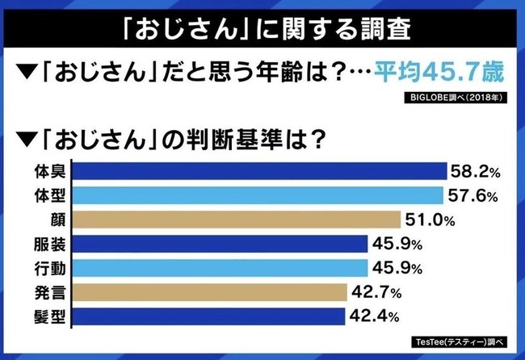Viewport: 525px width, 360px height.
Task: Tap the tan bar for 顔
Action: (x=237, y=220)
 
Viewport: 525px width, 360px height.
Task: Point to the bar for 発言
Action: (x=212, y=291)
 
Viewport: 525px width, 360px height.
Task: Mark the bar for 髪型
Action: (x=212, y=315)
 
